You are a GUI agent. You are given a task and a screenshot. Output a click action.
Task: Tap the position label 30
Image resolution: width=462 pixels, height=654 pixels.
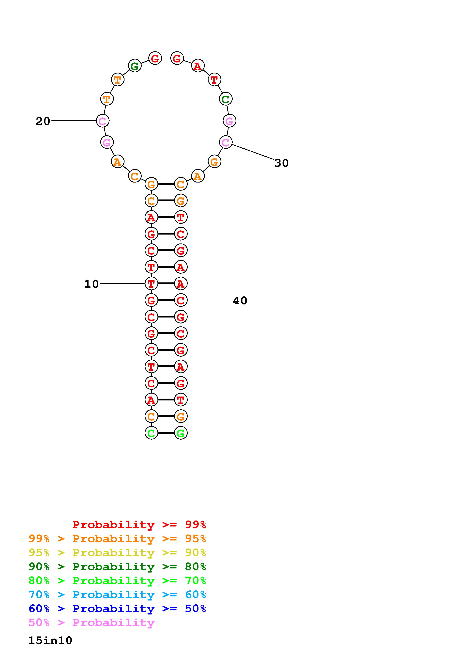point(282,163)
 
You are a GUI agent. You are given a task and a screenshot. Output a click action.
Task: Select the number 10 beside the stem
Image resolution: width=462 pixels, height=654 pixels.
point(92,284)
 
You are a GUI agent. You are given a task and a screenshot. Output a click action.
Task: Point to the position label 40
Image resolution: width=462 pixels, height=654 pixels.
point(240,301)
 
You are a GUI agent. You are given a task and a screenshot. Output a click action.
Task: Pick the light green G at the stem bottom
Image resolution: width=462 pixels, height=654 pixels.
point(181,433)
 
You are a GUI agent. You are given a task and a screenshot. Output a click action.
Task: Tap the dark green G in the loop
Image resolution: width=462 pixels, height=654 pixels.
point(135,66)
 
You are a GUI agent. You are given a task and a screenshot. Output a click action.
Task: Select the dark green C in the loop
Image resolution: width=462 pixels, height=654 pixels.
point(226,99)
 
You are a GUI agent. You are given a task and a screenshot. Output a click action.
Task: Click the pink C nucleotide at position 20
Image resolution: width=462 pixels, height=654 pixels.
point(103,121)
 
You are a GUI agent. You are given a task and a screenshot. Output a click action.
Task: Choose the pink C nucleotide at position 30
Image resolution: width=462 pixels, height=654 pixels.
point(226,142)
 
